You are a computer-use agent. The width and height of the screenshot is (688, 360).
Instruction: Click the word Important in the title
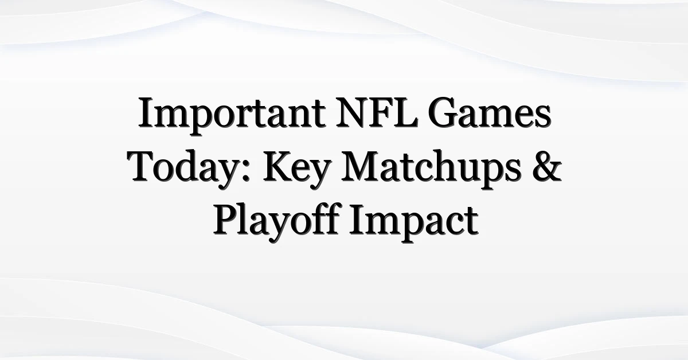(x=232, y=116)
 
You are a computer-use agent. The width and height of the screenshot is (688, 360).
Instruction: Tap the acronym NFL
(x=377, y=112)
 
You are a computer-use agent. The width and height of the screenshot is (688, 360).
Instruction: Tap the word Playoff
(x=276, y=222)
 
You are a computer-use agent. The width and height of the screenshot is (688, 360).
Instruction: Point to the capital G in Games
(x=443, y=112)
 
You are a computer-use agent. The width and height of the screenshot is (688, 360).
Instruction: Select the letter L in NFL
(x=406, y=112)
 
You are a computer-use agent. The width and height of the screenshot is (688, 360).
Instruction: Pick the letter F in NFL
(x=380, y=112)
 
